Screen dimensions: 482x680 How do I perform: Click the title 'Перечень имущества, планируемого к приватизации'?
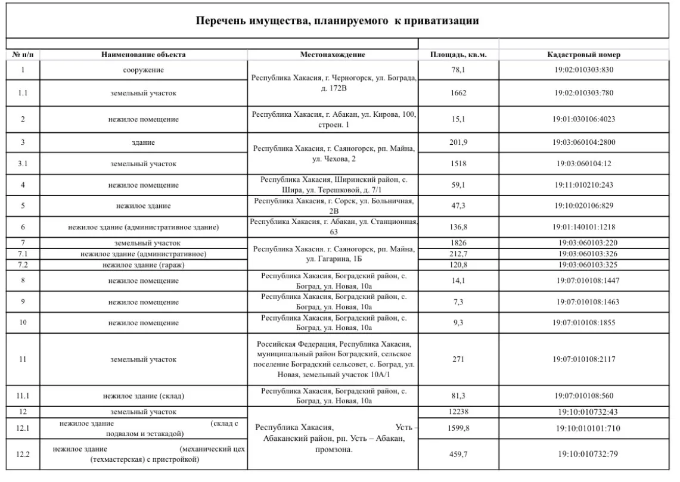(337, 21)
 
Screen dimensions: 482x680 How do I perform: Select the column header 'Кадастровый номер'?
(583, 55)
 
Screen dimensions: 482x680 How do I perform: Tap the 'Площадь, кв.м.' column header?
(458, 55)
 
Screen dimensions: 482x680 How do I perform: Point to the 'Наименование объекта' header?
(143, 55)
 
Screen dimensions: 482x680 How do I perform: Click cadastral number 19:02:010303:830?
(583, 70)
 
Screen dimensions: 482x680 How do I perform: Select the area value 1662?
(458, 93)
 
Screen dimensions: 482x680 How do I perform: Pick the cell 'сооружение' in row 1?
(143, 70)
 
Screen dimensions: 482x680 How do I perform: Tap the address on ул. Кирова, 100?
(334, 119)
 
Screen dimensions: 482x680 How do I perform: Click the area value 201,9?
(458, 142)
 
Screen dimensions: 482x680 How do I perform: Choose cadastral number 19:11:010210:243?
(583, 185)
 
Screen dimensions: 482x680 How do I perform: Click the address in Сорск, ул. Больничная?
(334, 206)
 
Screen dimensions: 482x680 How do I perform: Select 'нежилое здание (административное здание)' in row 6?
(143, 227)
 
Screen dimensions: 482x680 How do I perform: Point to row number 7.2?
(23, 265)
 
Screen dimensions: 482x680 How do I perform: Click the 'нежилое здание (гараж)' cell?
(143, 265)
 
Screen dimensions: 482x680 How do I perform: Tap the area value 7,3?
(458, 301)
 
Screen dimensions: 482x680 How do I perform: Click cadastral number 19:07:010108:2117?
(583, 359)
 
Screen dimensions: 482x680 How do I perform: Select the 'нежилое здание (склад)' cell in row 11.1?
(143, 396)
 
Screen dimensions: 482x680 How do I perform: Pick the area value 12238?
(458, 412)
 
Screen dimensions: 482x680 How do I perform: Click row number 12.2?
(23, 455)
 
